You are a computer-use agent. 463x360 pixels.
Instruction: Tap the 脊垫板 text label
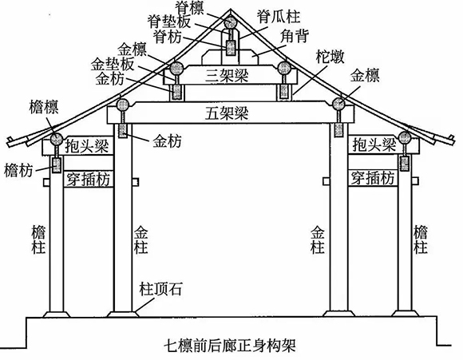point(169,22)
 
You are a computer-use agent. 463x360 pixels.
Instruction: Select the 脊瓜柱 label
point(278,17)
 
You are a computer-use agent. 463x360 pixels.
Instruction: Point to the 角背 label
point(295,37)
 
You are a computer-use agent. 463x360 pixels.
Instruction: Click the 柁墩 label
point(330,57)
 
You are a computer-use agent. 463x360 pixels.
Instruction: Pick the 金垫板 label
point(113,65)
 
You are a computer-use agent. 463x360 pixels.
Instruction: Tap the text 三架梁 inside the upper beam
point(227,75)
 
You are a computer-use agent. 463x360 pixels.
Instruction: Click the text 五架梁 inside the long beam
point(227,113)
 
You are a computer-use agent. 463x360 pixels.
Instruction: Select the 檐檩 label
point(44,107)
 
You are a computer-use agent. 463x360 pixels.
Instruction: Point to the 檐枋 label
point(18,171)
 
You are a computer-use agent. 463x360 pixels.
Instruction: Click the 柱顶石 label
point(161,289)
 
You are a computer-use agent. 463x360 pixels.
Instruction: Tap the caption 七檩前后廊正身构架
point(230,346)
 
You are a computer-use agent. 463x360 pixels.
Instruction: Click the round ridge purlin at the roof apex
point(230,22)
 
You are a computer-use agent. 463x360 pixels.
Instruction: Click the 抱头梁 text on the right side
point(374,144)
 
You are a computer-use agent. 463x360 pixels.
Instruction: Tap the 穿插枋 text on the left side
point(88,179)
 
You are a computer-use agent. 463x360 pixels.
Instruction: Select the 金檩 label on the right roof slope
point(365,76)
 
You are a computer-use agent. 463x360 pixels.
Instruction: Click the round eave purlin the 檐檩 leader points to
point(56,139)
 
